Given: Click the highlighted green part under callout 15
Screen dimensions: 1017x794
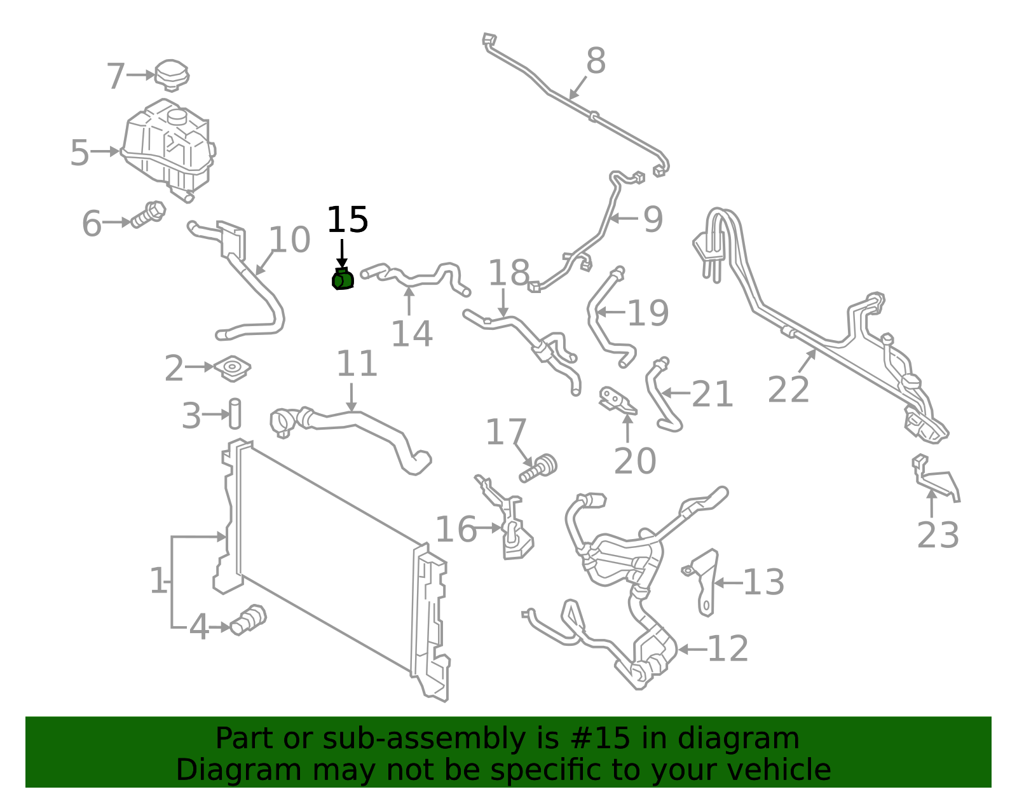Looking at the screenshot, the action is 343,279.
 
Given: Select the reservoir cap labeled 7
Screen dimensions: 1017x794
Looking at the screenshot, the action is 172,76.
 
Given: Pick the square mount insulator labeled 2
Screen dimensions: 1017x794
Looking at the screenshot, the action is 233,368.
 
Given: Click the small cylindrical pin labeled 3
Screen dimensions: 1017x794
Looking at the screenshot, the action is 235,414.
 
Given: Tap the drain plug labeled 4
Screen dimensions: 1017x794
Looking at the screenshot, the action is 248,620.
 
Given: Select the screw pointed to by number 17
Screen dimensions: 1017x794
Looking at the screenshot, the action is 538,468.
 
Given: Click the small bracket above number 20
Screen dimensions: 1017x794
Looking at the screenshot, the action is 617,400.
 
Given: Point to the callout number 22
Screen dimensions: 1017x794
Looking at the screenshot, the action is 788,389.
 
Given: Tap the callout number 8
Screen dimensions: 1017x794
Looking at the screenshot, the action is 596,61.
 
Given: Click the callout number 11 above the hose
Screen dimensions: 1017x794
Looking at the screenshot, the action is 357,364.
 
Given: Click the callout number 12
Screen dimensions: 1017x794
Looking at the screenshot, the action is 728,648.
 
